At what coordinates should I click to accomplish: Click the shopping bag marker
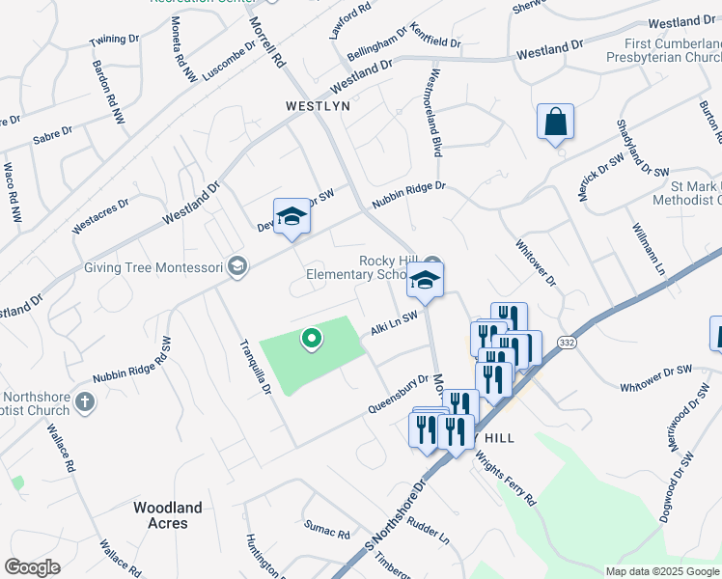555,124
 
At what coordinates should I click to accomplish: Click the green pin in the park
312,338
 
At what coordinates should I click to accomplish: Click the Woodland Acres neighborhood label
168,515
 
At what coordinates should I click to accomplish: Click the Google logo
32,567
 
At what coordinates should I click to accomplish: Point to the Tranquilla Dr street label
255,366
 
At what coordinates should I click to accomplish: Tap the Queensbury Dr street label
397,395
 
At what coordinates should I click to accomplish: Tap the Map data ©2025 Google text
661,571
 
